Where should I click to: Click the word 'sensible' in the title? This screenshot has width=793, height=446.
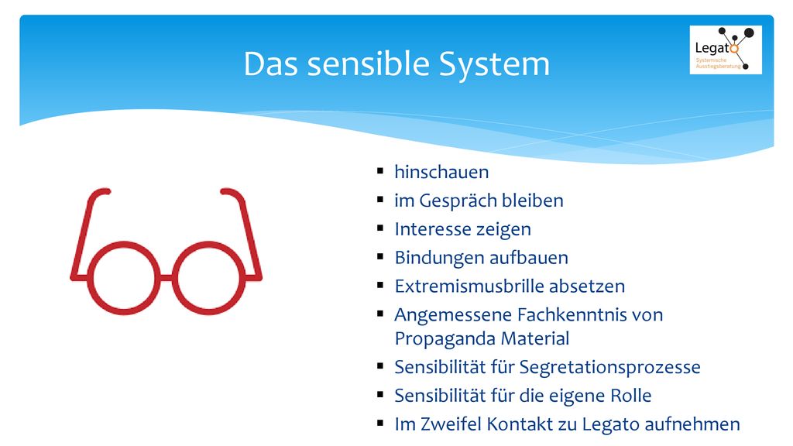[368, 63]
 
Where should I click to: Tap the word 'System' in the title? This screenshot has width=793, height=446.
[494, 65]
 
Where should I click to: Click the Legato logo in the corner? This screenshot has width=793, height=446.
[725, 50]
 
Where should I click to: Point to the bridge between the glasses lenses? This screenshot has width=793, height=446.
[166, 278]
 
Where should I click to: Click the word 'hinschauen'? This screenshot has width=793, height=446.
[441, 172]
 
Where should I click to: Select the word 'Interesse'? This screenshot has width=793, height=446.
[433, 229]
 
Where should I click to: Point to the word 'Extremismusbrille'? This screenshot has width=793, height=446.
[469, 286]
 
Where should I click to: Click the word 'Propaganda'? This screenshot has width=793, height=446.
[439, 339]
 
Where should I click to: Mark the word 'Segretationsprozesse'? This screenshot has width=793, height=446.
[609, 368]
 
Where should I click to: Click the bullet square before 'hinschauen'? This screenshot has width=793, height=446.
[379, 171]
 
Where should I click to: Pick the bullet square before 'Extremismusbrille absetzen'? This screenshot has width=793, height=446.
[379, 285]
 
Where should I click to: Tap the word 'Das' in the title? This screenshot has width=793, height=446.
[270, 63]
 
